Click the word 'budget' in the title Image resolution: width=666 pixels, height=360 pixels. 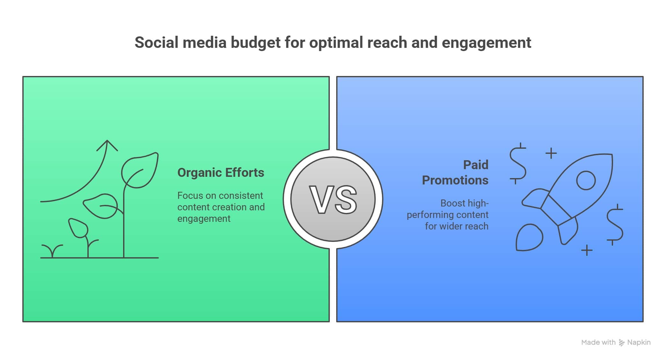click(x=255, y=43)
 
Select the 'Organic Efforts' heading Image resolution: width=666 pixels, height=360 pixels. click(x=220, y=173)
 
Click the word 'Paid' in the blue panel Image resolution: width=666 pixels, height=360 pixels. click(x=475, y=165)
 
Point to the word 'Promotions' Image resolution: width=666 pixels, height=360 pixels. click(x=455, y=180)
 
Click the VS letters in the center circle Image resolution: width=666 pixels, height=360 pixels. click(x=333, y=200)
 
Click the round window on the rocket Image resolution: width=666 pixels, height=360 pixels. click(x=586, y=180)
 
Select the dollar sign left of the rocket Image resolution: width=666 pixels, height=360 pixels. click(x=517, y=163)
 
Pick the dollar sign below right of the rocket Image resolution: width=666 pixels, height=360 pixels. click(x=614, y=224)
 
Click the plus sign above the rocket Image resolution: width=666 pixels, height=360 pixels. click(x=551, y=153)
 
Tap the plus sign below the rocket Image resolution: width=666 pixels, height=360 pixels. click(x=587, y=250)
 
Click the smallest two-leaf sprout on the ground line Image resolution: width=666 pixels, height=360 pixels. click(x=52, y=250)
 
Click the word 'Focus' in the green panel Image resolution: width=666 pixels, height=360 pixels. click(x=190, y=196)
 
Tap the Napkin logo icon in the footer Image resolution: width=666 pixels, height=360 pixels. click(x=621, y=342)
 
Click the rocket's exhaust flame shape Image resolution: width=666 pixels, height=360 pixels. click(x=529, y=238)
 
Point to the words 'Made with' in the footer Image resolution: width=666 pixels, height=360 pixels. click(x=598, y=342)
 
